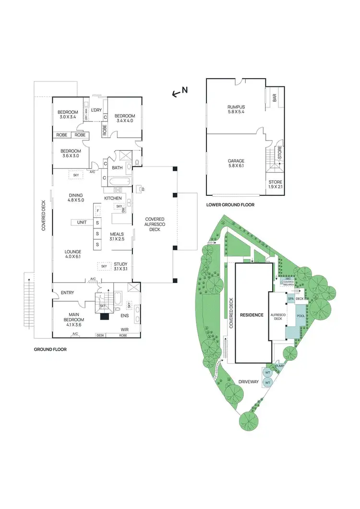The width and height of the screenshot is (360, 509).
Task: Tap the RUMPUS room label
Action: pyautogui.click(x=236, y=109)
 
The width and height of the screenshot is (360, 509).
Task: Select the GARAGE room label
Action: pyautogui.click(x=236, y=164)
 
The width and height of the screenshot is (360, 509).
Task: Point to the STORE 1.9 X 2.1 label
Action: pyautogui.click(x=275, y=185)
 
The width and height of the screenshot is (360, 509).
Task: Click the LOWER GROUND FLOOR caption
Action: pyautogui.click(x=230, y=205)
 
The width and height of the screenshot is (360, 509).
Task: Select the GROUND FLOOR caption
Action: pyautogui.click(x=50, y=350)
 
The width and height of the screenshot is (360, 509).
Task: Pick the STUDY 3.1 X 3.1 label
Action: pyautogui.click(x=120, y=267)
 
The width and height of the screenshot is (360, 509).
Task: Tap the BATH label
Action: pyautogui.click(x=117, y=168)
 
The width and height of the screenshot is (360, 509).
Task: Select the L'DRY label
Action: pyautogui.click(x=96, y=110)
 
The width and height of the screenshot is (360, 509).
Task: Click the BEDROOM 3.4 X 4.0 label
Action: pyautogui.click(x=124, y=118)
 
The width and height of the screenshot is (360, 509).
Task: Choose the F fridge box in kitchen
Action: pyautogui.click(x=97, y=211)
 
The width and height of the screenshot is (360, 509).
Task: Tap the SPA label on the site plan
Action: pyautogui.click(x=290, y=298)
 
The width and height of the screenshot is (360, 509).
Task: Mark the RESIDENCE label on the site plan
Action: pyautogui.click(x=252, y=315)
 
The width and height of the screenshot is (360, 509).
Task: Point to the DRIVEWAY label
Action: pyautogui.click(x=249, y=382)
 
